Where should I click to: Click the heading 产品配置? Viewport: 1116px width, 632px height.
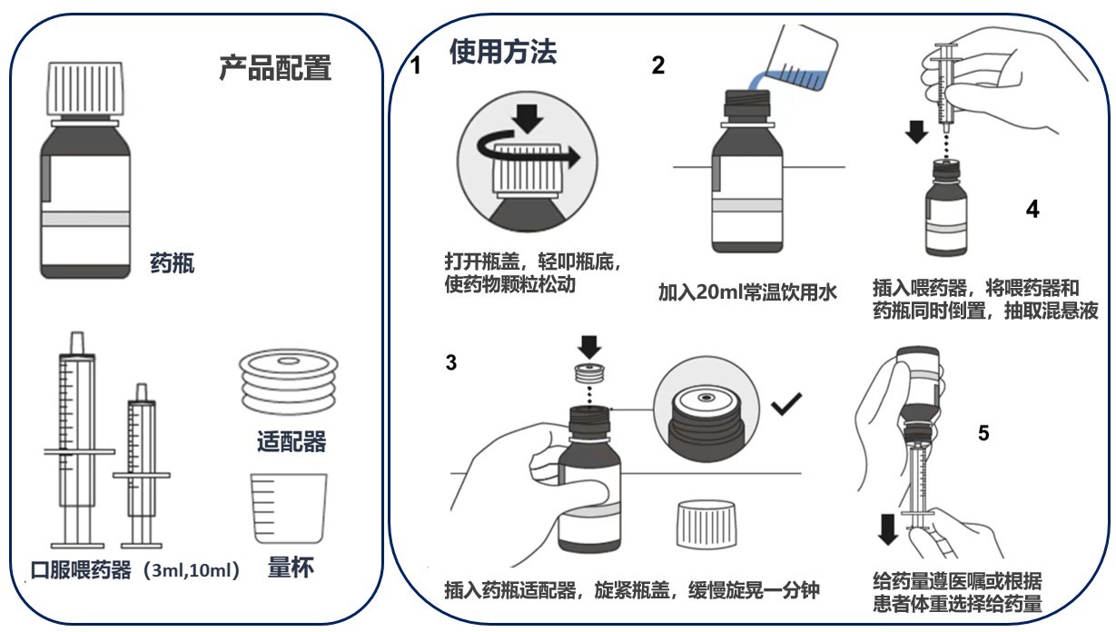pyautogui.click(x=275, y=68)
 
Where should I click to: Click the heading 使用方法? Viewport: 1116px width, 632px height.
pyautogui.click(x=503, y=53)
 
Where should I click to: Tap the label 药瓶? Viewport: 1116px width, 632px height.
pyautogui.click(x=172, y=265)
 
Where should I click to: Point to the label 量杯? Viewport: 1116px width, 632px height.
pyautogui.click(x=291, y=569)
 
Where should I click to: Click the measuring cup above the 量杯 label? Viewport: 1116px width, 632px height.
pyautogui.click(x=288, y=510)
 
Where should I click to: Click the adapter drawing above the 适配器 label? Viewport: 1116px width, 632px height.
pyautogui.click(x=287, y=379)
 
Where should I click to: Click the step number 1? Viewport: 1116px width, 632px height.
pyautogui.click(x=417, y=66)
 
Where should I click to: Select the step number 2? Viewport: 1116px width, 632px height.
pyautogui.click(x=658, y=64)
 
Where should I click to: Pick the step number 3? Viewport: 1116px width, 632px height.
pyautogui.click(x=451, y=363)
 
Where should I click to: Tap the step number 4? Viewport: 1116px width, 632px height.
pyautogui.click(x=1032, y=209)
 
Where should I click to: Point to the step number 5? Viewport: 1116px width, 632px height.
pyautogui.click(x=983, y=433)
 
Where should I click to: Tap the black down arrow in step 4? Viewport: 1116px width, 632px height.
pyautogui.click(x=918, y=132)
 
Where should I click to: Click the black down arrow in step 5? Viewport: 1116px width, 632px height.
pyautogui.click(x=889, y=528)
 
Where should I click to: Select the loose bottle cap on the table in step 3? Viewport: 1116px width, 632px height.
pyautogui.click(x=706, y=524)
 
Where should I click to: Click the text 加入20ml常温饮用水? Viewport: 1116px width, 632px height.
pyautogui.click(x=746, y=293)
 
